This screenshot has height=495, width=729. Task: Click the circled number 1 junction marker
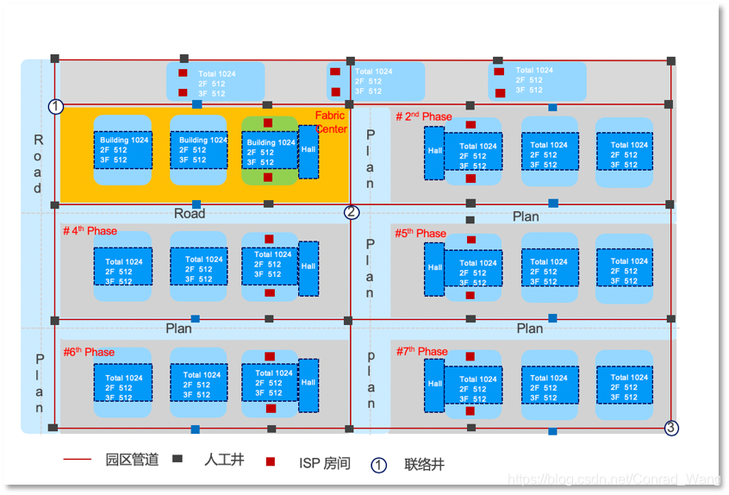click(x=56, y=107)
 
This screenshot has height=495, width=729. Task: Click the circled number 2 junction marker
click(x=352, y=212)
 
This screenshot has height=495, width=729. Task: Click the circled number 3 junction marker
click(x=672, y=428)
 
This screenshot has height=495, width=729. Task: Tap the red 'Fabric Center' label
click(x=330, y=122)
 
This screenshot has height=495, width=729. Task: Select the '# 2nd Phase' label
click(x=424, y=116)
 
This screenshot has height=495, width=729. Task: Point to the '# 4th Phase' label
click(x=90, y=231)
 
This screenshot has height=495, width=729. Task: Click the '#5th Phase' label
click(x=421, y=234)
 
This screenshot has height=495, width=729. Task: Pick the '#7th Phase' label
click(x=421, y=351)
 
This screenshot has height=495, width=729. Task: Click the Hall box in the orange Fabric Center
click(x=308, y=151)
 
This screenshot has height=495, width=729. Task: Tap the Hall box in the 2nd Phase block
click(x=434, y=153)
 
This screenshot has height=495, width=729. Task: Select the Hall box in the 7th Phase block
click(x=434, y=385)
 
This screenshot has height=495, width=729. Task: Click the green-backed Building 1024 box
click(x=270, y=152)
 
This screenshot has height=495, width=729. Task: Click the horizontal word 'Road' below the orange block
click(x=190, y=214)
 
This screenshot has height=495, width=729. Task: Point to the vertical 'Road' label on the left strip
click(x=38, y=164)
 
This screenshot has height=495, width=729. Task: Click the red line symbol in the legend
click(x=77, y=461)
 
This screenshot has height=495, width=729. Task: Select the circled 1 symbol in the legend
click(x=378, y=465)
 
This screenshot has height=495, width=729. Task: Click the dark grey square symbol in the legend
click(x=178, y=460)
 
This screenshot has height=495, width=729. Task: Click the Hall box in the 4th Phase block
click(x=308, y=268)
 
